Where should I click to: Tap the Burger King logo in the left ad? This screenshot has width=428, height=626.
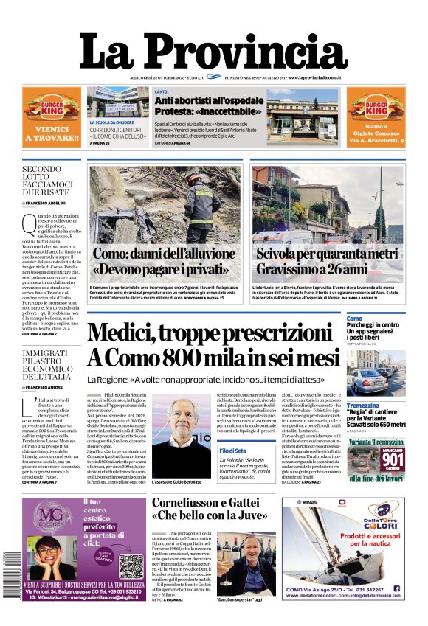(52, 110)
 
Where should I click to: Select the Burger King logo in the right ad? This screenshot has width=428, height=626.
(376, 110)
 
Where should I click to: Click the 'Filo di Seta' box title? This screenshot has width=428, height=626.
(232, 450)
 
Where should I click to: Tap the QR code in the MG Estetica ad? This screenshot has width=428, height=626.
(131, 565)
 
